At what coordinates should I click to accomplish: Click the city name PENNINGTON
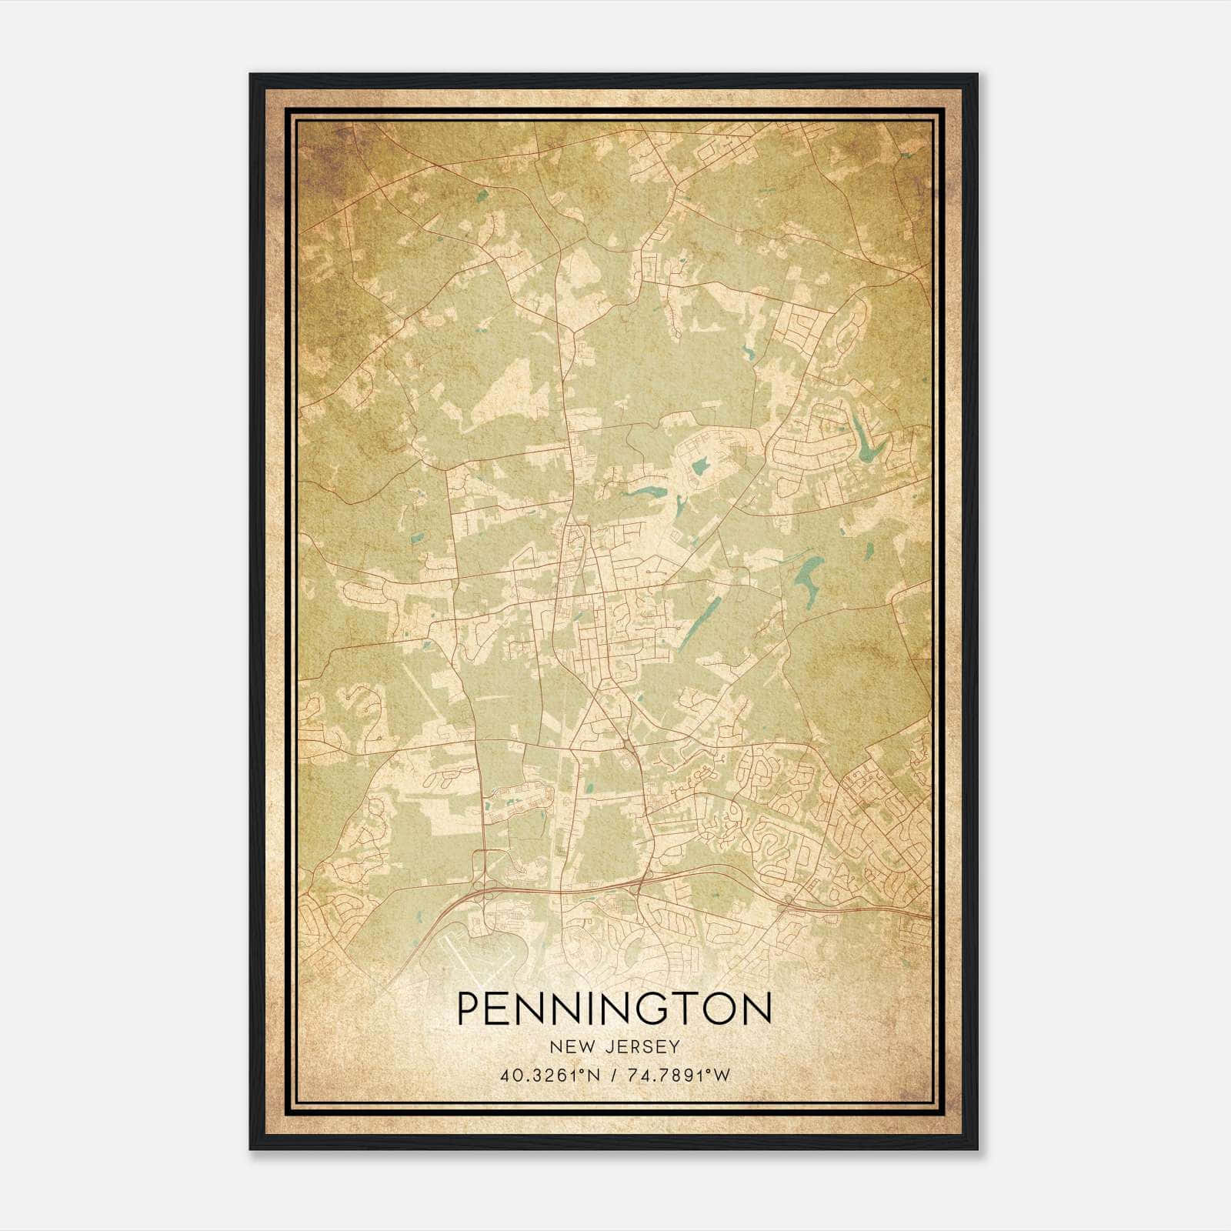(614, 1008)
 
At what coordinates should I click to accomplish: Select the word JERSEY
(643, 1047)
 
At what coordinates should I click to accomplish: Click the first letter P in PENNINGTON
(469, 1008)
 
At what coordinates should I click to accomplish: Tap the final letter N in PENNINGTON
(757, 1008)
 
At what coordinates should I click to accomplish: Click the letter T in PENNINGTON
(692, 1008)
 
